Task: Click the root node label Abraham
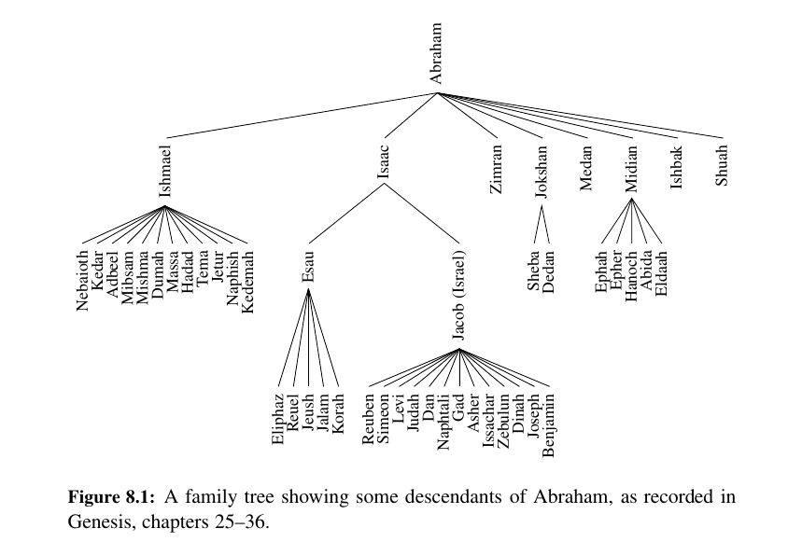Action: click(x=436, y=54)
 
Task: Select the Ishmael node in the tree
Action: click(x=165, y=170)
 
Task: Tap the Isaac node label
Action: click(x=383, y=164)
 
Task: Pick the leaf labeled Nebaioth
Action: click(x=83, y=280)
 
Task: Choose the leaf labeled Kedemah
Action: click(x=247, y=280)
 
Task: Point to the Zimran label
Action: click(x=496, y=168)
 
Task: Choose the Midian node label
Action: click(x=632, y=168)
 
